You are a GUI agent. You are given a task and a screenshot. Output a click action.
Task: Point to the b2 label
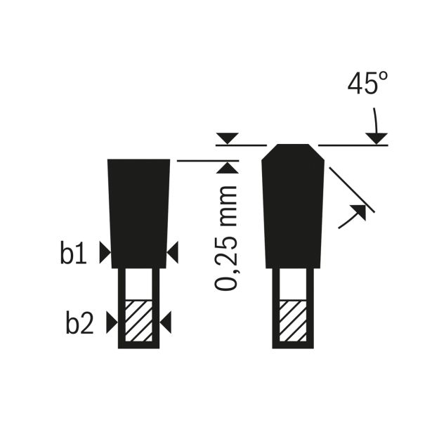(x=79, y=324)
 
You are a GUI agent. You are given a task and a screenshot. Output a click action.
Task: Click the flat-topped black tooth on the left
(x=138, y=211)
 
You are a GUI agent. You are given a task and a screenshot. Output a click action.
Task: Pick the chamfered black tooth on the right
(x=293, y=207)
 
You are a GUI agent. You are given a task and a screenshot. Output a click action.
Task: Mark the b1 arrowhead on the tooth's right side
(x=173, y=252)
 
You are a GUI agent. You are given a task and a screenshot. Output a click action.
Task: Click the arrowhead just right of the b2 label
(x=111, y=323)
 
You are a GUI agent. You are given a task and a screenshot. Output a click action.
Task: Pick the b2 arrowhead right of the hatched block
(x=166, y=323)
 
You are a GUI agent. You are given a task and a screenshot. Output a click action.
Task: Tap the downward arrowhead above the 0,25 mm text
(x=228, y=138)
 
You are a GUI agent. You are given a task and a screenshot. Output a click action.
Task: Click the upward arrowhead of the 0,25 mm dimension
(x=228, y=168)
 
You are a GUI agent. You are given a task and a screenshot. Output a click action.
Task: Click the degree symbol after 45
(x=382, y=77)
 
